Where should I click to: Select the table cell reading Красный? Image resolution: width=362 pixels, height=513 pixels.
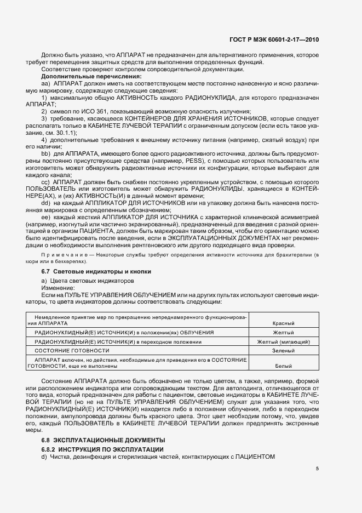(x=284, y=323)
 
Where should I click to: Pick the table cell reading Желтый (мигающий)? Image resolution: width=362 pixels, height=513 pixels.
(x=284, y=341)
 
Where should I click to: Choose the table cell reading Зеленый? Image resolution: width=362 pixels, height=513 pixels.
(x=284, y=350)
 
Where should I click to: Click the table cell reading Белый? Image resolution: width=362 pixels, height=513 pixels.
(x=284, y=364)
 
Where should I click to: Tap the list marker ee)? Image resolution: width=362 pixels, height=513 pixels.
(x=45, y=218)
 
